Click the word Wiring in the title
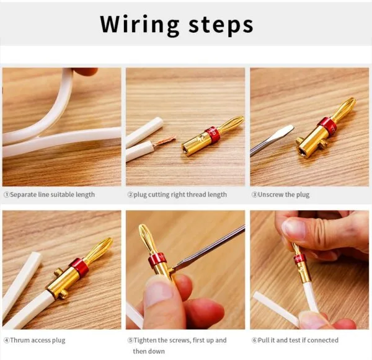tap(139, 25)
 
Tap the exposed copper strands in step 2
tap(165, 141)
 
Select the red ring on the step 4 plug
tap(79, 267)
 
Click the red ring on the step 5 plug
tap(157, 260)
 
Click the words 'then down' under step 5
tap(149, 351)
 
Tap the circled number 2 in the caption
tap(130, 195)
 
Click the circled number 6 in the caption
tap(255, 340)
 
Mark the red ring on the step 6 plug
tap(299, 260)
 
